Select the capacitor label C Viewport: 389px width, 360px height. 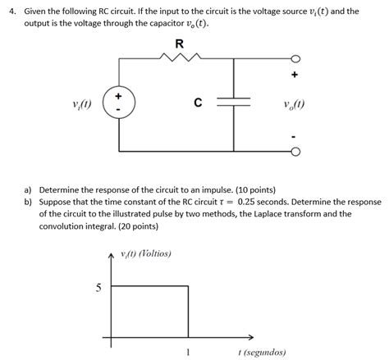pyautogui.click(x=197, y=103)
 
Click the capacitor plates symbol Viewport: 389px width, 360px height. pyautogui.click(x=233, y=104)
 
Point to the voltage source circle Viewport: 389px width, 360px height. pyautogui.click(x=121, y=105)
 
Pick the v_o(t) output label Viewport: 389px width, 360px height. pyautogui.click(x=293, y=104)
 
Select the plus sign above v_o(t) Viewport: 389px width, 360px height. pyautogui.click(x=294, y=77)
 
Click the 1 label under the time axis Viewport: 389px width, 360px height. pyautogui.click(x=189, y=353)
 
